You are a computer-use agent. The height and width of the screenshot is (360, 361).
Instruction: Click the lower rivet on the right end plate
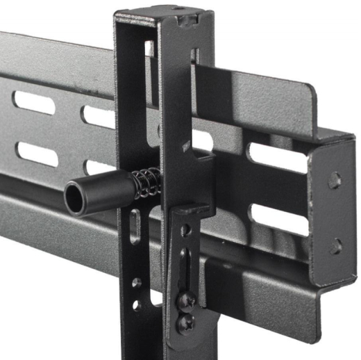335,245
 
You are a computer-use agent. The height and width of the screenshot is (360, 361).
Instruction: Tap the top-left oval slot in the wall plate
33,103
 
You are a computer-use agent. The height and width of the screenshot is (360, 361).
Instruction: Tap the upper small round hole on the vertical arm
137,283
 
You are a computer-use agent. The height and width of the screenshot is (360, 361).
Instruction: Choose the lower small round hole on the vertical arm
136,304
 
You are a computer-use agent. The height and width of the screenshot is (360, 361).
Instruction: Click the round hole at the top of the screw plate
185,230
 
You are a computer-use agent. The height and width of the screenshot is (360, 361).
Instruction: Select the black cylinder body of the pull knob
104,193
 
